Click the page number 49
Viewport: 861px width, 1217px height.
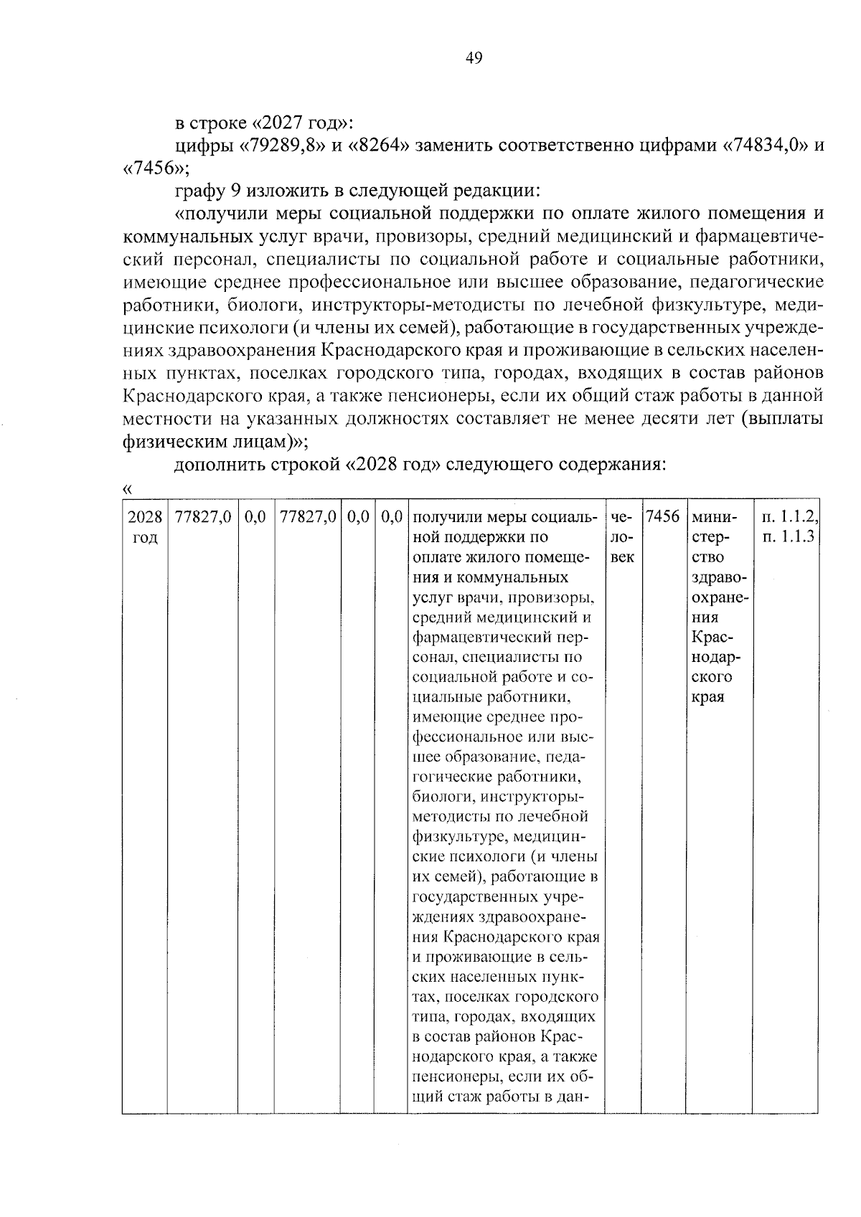click(474, 58)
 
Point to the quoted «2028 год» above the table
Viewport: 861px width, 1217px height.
click(393, 464)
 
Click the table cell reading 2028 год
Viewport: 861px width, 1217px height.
click(145, 526)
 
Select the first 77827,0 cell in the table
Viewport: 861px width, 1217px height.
click(203, 516)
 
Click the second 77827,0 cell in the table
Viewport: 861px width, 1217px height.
click(308, 516)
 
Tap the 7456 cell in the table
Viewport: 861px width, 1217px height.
click(662, 516)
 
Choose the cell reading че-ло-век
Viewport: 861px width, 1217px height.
click(622, 536)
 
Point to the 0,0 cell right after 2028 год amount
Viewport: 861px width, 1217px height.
click(255, 516)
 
